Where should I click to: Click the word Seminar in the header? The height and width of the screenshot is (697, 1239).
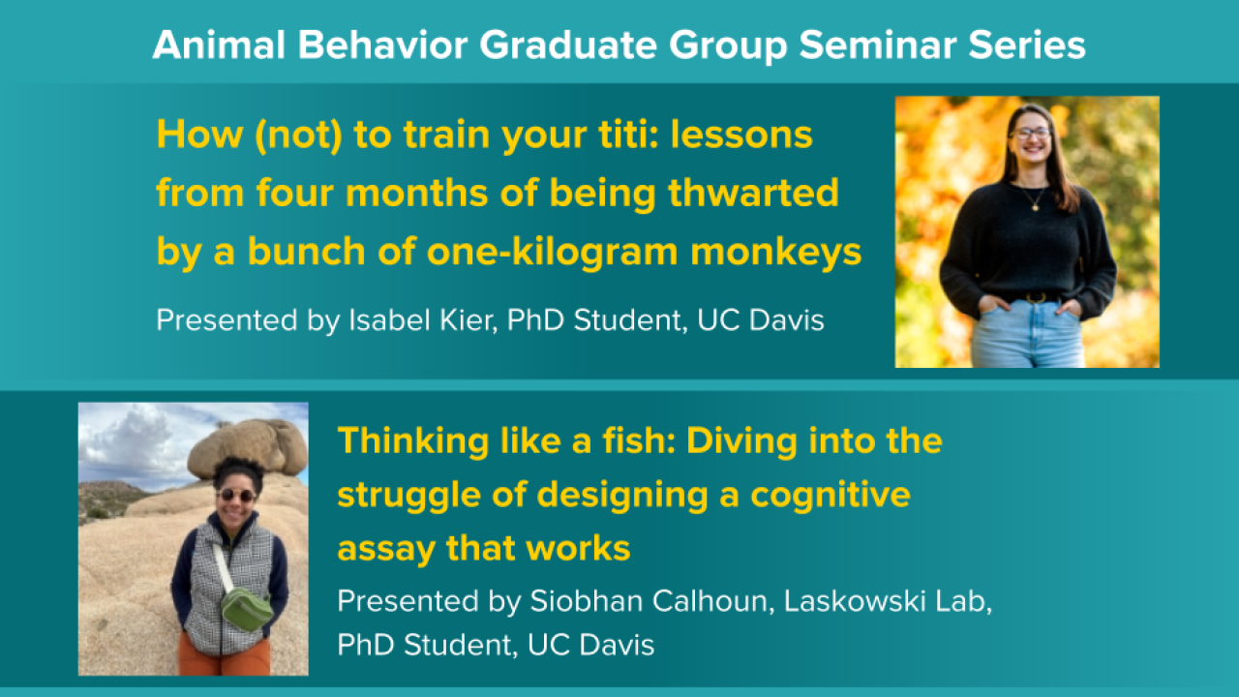tap(877, 45)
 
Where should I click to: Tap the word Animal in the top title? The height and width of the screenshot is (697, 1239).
tap(219, 45)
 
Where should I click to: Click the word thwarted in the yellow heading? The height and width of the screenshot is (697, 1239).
tap(753, 193)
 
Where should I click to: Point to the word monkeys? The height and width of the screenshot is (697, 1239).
tap(776, 254)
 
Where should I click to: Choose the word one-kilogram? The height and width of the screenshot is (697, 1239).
tap(552, 252)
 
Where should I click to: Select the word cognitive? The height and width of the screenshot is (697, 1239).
tap(831, 496)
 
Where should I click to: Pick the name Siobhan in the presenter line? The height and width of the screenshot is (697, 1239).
tap(585, 601)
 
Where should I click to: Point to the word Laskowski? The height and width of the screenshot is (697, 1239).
tap(855, 601)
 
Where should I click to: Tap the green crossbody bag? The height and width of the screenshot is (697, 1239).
tap(247, 609)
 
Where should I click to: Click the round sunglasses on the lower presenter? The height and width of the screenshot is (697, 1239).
tap(236, 495)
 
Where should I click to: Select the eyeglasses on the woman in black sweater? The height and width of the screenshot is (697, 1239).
tap(1030, 134)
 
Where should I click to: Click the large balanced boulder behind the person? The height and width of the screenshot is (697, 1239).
tap(247, 447)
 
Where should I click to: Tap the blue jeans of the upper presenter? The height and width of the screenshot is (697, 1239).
tap(1028, 334)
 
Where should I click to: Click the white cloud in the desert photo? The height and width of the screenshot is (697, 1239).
tap(130, 437)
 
